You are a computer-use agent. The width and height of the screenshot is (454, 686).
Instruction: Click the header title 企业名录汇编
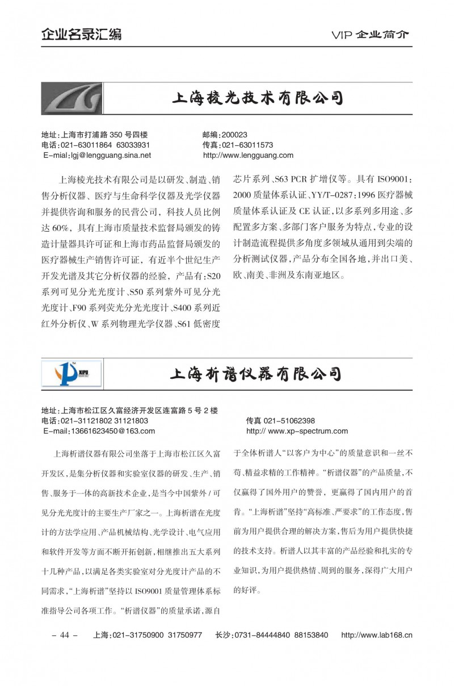point(81,34)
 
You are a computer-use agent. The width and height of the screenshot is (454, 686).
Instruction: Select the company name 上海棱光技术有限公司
point(258,98)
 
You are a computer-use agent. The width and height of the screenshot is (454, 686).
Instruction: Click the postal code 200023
point(236,135)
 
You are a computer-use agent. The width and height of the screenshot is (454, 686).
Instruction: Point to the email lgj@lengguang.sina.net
point(106,154)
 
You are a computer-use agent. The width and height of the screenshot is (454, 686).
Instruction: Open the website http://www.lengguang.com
point(247,154)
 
